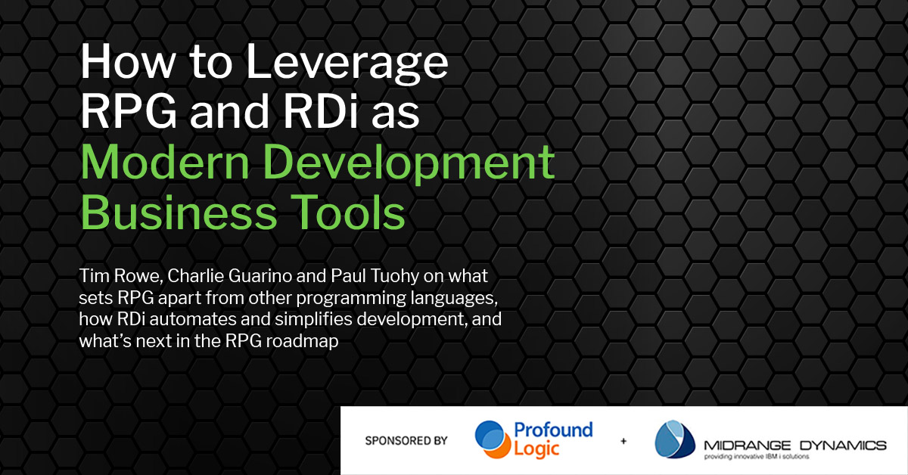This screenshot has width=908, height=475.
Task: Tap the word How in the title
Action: tap(128, 61)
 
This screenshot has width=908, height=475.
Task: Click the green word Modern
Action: tap(165, 161)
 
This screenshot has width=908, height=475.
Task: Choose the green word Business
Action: tap(179, 212)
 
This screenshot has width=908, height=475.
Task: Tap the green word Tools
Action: tap(348, 212)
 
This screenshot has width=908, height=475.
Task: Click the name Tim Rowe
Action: tap(120, 276)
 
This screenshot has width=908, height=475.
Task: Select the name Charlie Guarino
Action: tap(229, 275)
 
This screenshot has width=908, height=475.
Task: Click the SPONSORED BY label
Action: tap(406, 440)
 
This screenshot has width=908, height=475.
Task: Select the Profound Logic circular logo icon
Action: tap(493, 439)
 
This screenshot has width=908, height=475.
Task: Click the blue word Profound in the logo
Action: tap(553, 430)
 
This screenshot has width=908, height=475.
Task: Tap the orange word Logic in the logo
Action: tap(536, 449)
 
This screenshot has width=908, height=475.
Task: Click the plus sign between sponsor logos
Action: tap(623, 440)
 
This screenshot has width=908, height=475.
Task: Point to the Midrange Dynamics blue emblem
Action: tap(674, 439)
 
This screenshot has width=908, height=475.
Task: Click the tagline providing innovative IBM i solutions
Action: tap(757, 457)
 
